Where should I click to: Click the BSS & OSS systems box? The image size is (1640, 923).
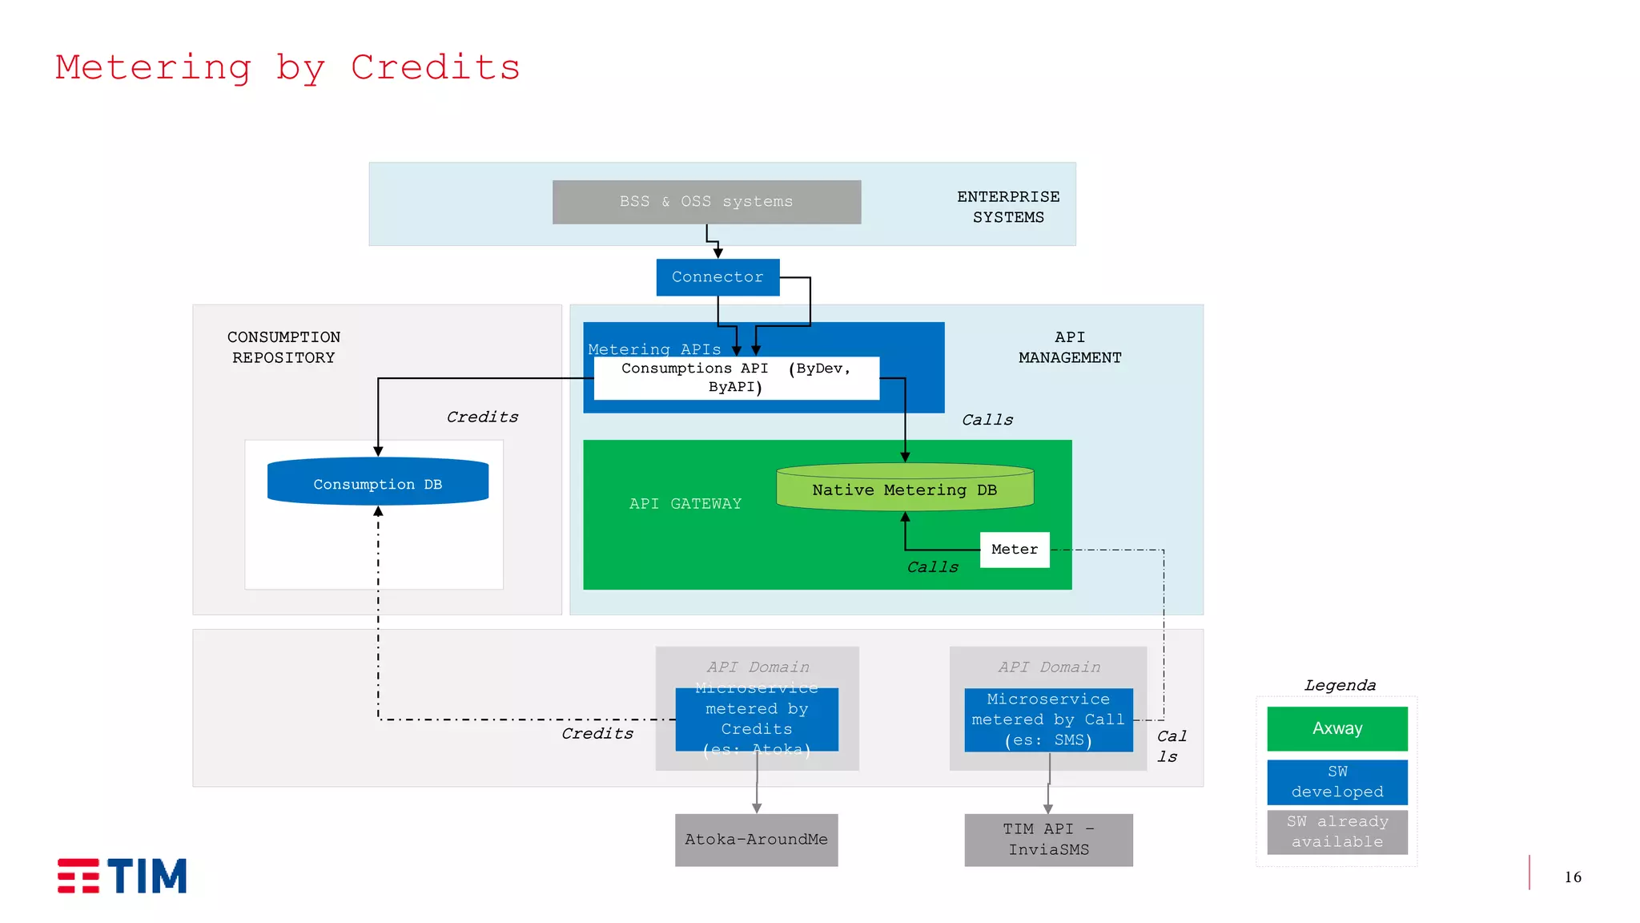coord(706,202)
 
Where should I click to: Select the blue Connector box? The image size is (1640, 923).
coord(717,277)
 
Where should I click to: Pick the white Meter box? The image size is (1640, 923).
coord(1015,550)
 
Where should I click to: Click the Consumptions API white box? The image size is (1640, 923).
coord(736,377)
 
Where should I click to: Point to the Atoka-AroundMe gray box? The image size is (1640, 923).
coord(756,840)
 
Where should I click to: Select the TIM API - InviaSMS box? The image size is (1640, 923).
coord(1048,840)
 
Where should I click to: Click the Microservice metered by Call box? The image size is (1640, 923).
coord(1048,719)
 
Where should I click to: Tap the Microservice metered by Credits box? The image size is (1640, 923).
coord(757,719)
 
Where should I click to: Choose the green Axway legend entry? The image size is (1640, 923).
coord(1337,728)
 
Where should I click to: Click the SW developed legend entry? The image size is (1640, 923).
coord(1337,782)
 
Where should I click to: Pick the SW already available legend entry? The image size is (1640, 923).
coord(1337,832)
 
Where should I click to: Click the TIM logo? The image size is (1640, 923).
coord(122,876)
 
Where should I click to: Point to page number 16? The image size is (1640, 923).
coord(1573,877)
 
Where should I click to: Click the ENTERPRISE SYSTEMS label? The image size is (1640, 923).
coord(1008,207)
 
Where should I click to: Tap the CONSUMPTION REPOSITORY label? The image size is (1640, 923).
coord(283,347)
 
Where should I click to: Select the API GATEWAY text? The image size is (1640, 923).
coord(685,504)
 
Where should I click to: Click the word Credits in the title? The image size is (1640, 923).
coord(436,67)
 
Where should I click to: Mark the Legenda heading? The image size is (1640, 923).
coord(1340,686)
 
